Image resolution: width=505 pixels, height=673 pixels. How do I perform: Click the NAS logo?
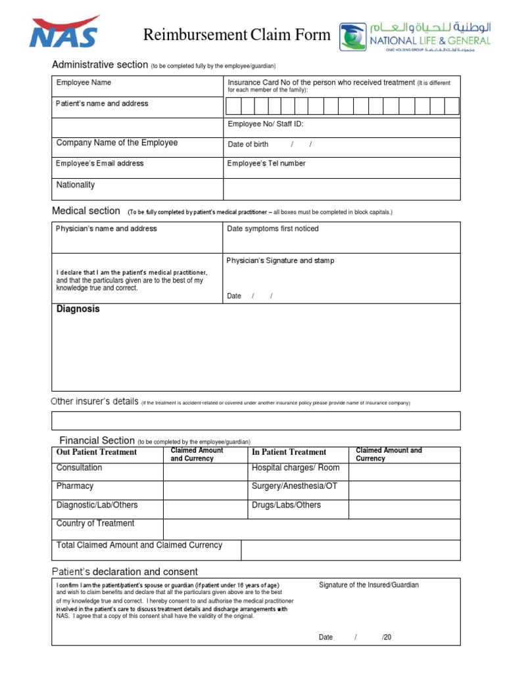[64, 32]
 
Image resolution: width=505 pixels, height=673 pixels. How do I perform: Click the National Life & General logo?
[415, 37]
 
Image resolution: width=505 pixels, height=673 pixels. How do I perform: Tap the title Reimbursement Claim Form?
[237, 35]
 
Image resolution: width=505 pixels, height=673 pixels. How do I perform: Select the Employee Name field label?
[84, 83]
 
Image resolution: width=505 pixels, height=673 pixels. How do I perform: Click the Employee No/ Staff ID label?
[266, 124]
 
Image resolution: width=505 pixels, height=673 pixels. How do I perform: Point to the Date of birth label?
[248, 145]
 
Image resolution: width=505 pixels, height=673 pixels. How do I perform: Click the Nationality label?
[76, 185]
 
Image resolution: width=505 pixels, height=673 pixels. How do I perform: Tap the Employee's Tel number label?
[266, 164]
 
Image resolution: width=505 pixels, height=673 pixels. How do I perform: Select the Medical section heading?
[85, 211]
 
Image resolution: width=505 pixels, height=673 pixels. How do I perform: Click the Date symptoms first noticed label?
[272, 229]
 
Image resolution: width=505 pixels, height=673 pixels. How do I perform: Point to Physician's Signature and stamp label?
[280, 261]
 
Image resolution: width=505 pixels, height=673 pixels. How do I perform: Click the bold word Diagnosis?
[78, 309]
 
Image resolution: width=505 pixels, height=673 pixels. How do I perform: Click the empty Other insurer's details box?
[256, 421]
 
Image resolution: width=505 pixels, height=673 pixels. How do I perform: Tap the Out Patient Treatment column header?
[97, 452]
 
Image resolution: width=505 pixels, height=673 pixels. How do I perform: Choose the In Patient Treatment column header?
[289, 452]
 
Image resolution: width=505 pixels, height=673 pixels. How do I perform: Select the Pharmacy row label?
[75, 486]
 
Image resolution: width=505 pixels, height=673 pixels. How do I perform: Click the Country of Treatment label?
[95, 524]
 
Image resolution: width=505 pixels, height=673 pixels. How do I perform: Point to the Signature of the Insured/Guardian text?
[369, 585]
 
